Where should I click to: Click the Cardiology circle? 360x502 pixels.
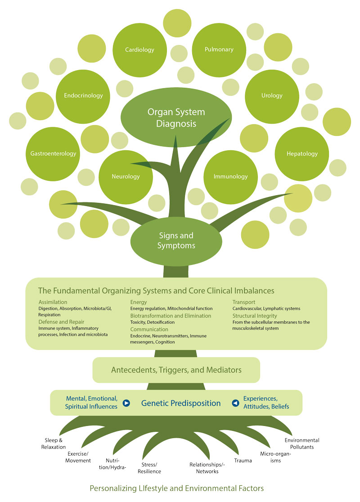[x=139, y=50]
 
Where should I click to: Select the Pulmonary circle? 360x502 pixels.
[x=219, y=50]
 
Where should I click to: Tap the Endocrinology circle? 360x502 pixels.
[x=83, y=96]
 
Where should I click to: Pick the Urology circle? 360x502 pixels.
[x=272, y=96]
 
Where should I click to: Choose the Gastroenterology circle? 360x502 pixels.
[x=53, y=154]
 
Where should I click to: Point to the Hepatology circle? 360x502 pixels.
[x=302, y=154]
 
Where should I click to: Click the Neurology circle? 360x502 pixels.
[x=126, y=177]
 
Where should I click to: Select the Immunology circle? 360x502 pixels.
[x=231, y=177]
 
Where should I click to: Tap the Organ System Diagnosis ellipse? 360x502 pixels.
[x=176, y=117]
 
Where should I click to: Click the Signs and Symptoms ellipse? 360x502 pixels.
[x=176, y=241]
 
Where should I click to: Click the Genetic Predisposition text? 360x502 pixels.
[x=181, y=403]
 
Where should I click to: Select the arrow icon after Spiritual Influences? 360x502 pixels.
[x=126, y=403]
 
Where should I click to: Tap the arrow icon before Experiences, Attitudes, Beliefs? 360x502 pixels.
[x=235, y=403]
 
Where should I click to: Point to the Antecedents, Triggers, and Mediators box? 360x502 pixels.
[x=176, y=370]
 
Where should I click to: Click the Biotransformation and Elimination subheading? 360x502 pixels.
[x=170, y=316]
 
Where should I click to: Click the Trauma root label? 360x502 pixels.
[x=243, y=461]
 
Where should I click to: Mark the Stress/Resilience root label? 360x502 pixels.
[x=149, y=468]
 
